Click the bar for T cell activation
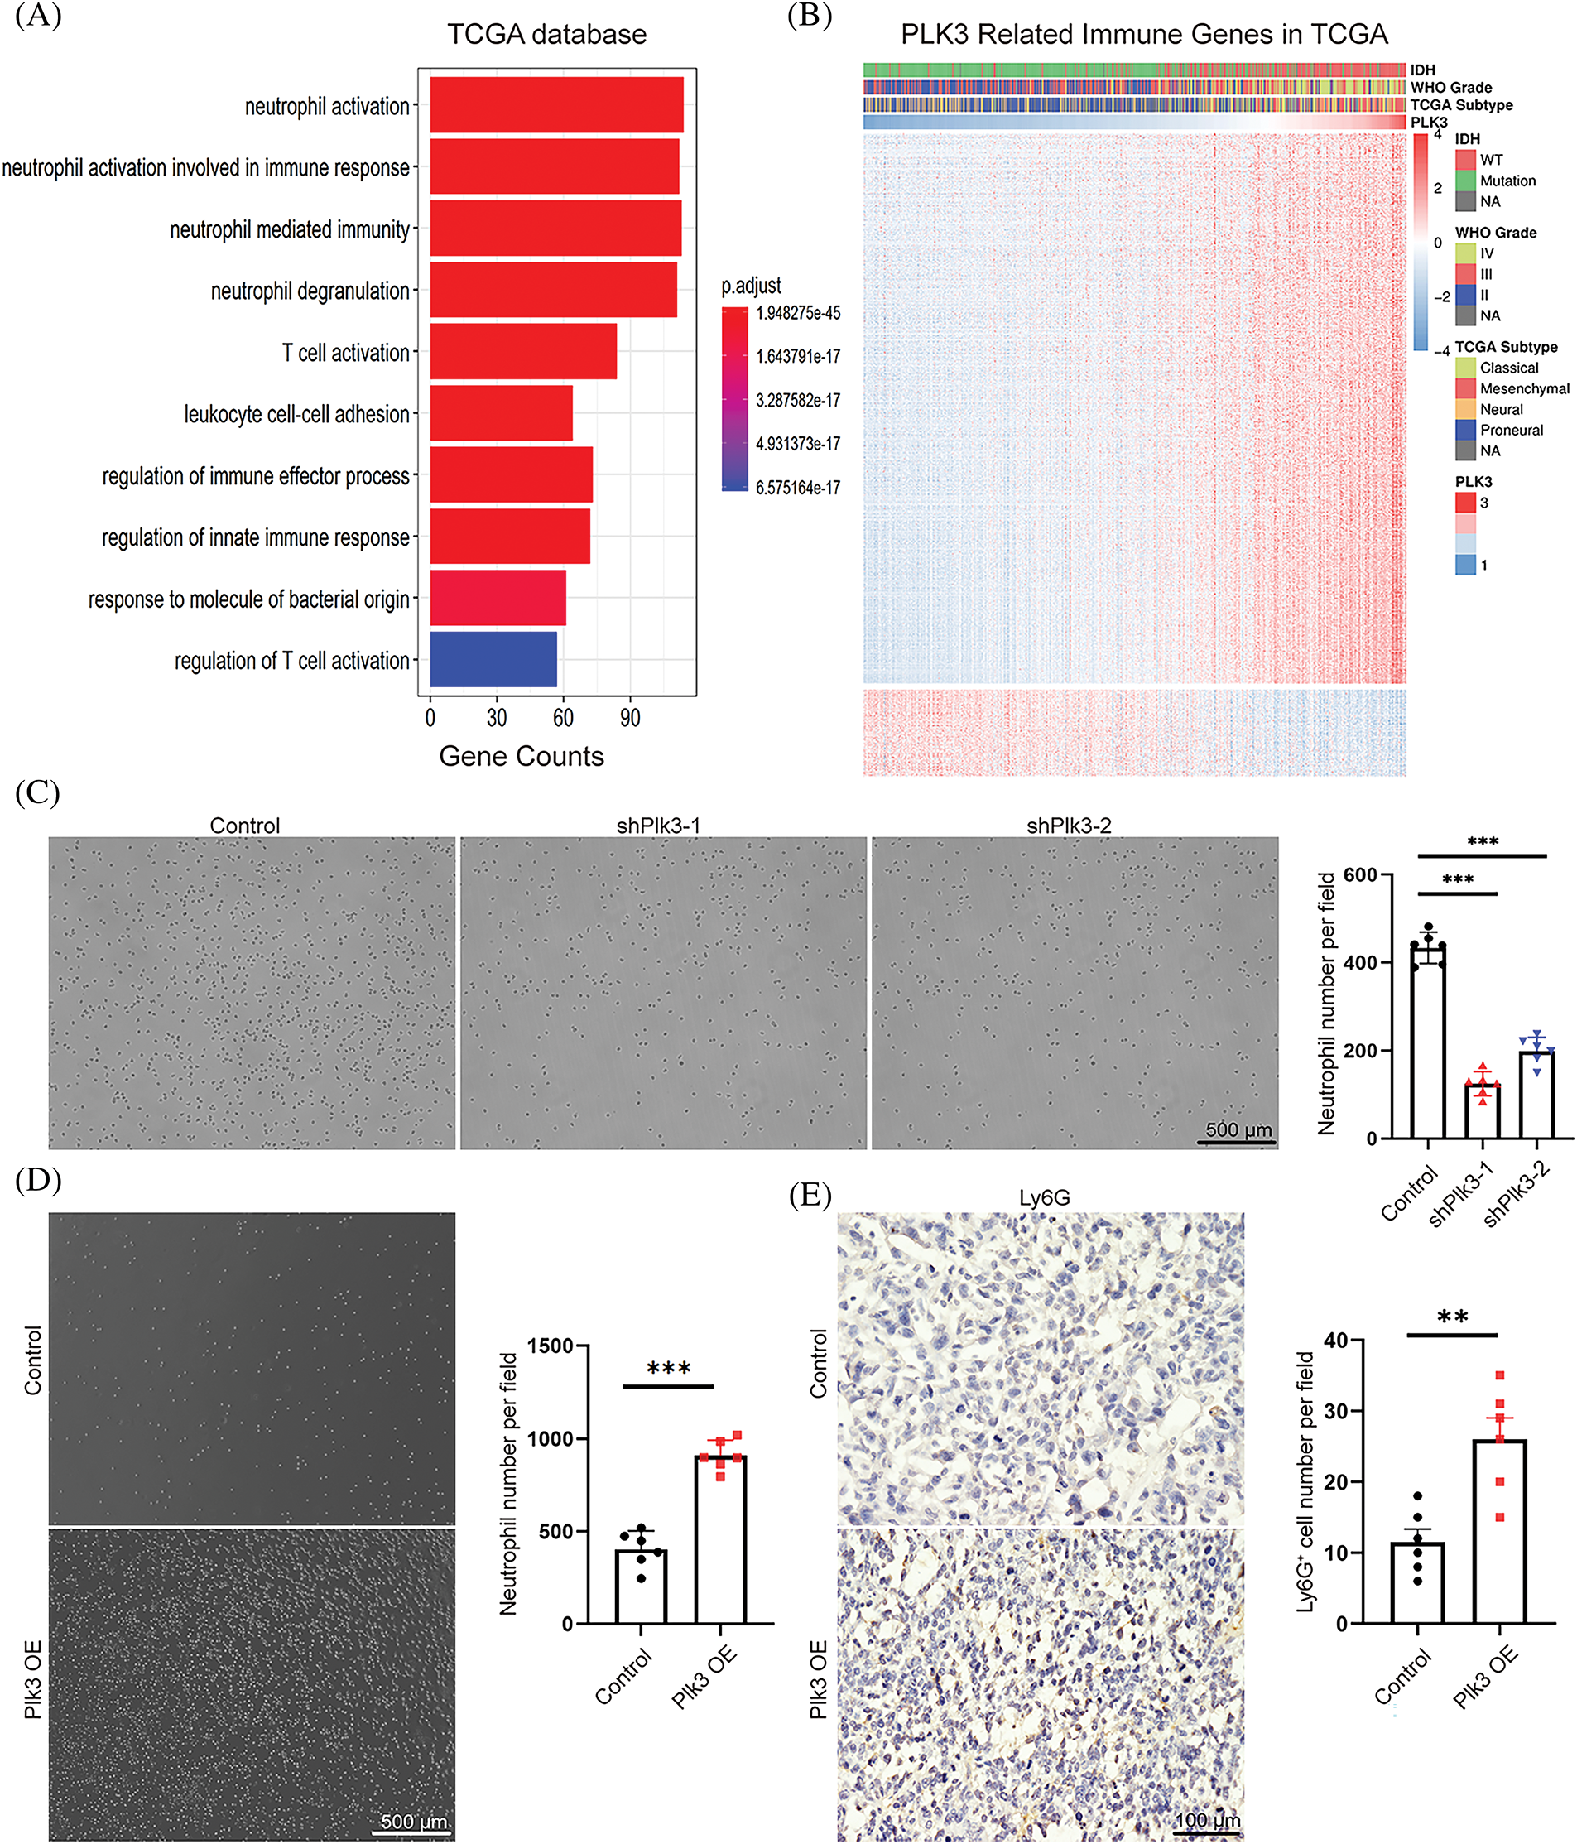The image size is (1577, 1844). click(523, 352)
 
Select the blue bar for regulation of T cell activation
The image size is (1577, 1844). click(493, 659)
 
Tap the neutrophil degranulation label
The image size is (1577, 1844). click(310, 291)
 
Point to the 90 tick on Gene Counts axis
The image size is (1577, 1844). click(630, 718)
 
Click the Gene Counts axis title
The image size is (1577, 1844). click(522, 757)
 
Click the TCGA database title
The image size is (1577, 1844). click(546, 35)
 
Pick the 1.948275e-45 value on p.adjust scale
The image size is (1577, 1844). click(798, 313)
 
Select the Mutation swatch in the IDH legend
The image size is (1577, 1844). click(1466, 181)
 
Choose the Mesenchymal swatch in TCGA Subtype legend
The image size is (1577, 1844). click(1466, 389)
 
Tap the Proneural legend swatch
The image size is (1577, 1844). click(1466, 431)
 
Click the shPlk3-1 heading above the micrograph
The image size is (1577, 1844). click(659, 826)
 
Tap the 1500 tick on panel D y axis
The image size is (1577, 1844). click(550, 1346)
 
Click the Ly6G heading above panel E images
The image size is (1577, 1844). click(1044, 1199)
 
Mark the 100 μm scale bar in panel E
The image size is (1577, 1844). click(1206, 1832)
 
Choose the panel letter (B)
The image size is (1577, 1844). click(810, 17)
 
